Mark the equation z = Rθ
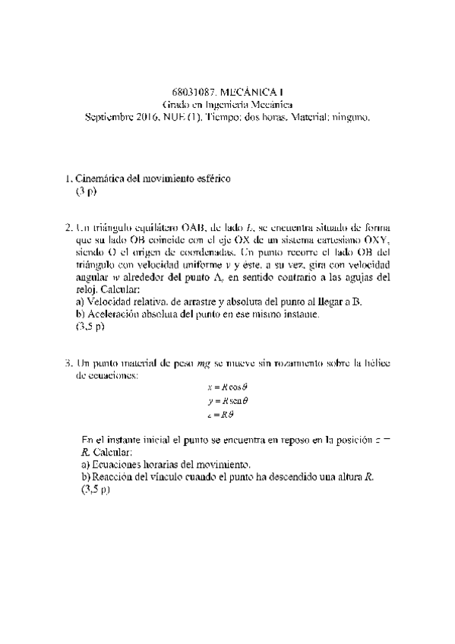[219, 414]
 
